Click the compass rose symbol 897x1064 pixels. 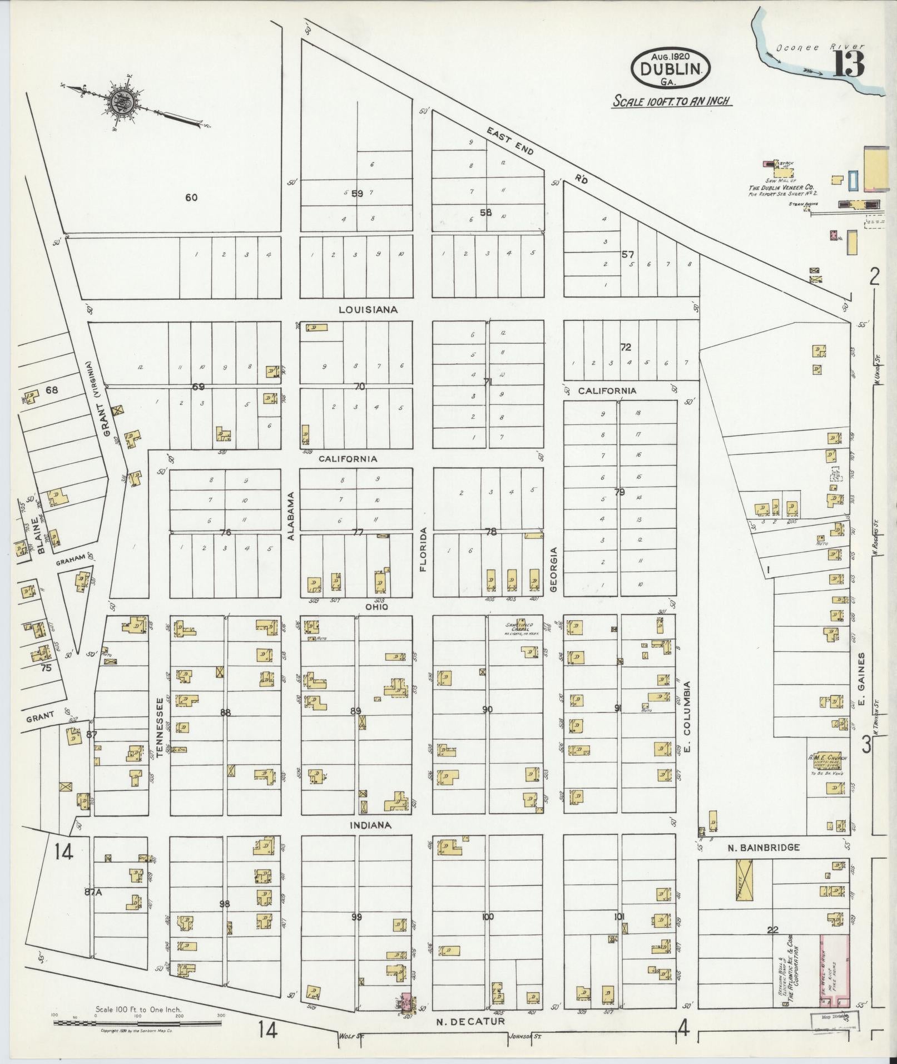(119, 102)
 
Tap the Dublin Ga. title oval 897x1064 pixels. (670, 67)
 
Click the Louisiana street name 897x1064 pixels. (368, 310)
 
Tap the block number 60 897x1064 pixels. (191, 197)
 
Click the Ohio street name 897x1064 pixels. (376, 607)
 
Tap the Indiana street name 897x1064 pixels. (370, 825)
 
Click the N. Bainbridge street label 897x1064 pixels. (764, 848)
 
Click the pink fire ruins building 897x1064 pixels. (835, 969)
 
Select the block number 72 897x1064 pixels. (626, 347)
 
